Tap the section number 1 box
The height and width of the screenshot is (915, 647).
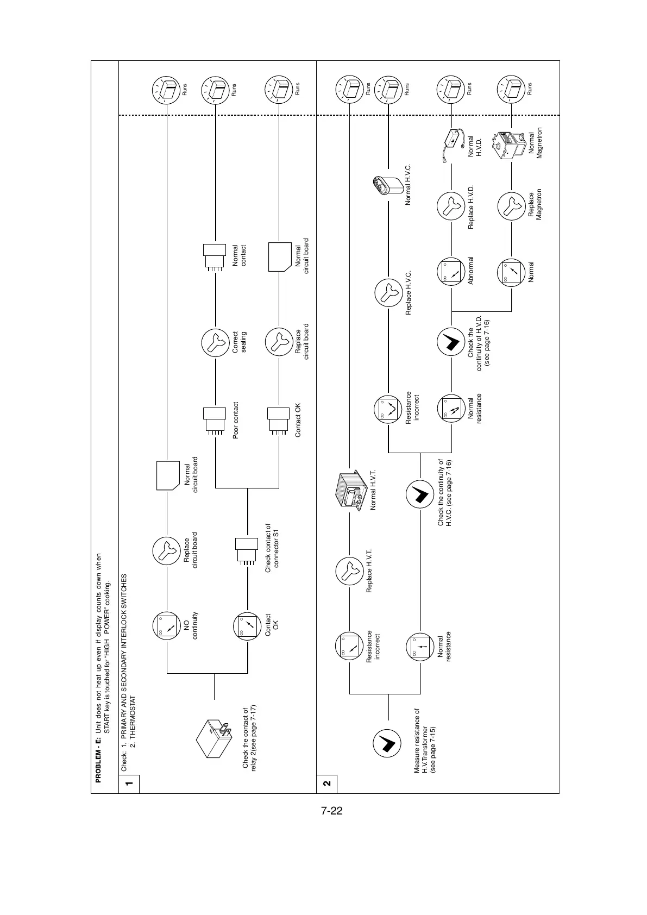coord(129,784)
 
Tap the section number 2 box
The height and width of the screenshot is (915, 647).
coord(326,784)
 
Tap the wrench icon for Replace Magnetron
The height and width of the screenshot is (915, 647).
coord(511,206)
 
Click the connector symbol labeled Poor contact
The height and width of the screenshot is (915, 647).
coord(215,420)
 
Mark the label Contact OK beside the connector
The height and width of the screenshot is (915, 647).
coord(298,420)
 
